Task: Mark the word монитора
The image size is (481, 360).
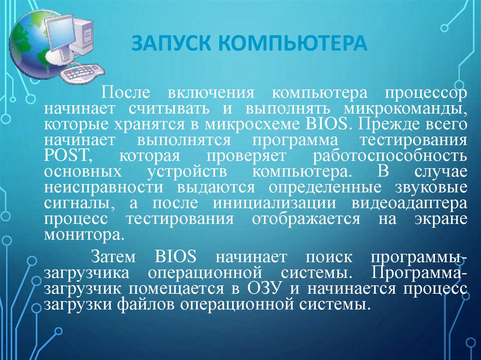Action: pos(85,234)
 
